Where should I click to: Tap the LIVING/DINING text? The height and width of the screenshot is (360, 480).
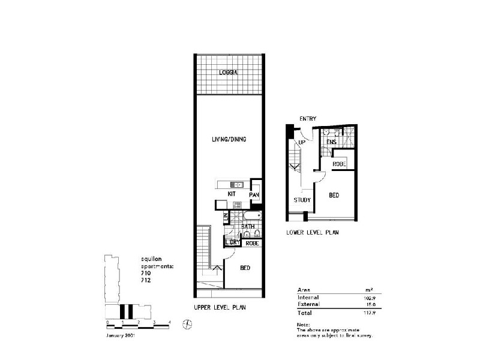tap(229, 139)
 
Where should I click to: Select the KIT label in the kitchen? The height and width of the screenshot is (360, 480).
tap(231, 194)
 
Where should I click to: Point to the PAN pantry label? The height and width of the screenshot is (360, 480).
tap(254, 194)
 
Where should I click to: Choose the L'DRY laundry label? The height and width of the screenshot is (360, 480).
tap(232, 243)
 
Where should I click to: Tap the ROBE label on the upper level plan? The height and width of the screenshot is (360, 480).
tap(252, 243)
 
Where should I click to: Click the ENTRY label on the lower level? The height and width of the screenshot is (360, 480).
tap(308, 119)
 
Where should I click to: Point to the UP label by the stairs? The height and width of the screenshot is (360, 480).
tap(302, 143)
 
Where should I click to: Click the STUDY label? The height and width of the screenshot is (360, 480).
tap(302, 200)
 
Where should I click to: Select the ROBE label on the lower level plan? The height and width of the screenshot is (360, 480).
tap(339, 164)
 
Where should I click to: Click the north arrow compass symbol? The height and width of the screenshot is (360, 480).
tap(188, 325)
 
